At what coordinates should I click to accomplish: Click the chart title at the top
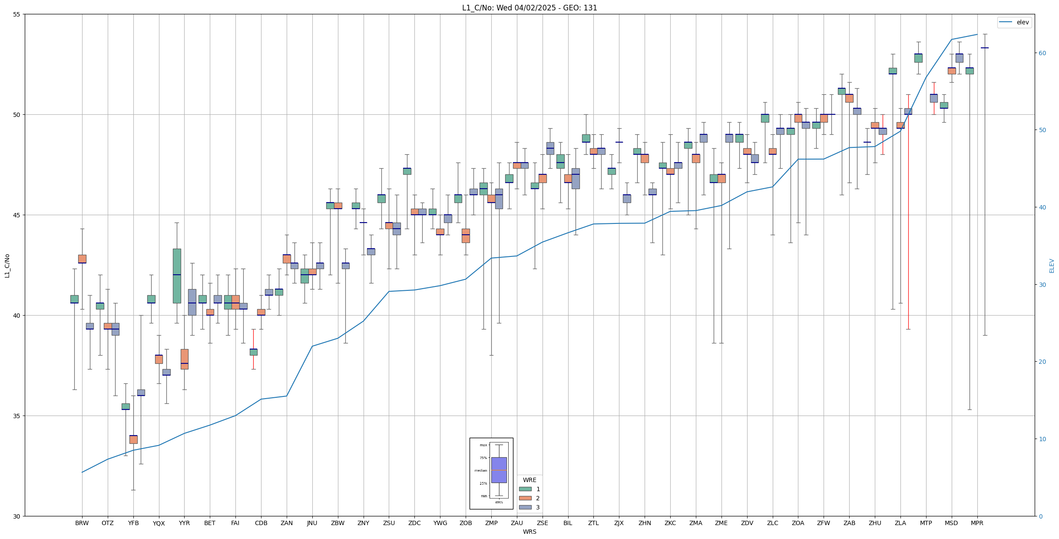tap(529, 8)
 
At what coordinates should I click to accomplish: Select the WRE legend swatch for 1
tap(525, 489)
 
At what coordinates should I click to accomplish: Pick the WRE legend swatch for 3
tap(525, 507)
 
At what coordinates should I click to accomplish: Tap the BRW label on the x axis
tap(82, 523)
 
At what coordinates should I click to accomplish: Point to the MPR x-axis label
tap(977, 523)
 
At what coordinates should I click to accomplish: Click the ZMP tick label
tap(491, 523)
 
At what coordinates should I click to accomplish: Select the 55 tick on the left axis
tap(17, 14)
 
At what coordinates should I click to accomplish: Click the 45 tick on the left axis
tap(17, 215)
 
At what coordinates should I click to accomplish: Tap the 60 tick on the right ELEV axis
tap(1041, 53)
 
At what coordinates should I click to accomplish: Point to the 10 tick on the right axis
tap(1041, 439)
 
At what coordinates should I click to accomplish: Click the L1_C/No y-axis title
tap(7, 266)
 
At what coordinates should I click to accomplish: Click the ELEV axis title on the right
tap(1052, 266)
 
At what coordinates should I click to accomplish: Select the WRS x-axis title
tap(529, 532)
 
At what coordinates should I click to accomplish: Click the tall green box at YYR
tap(177, 276)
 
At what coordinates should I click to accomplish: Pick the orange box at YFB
tap(133, 439)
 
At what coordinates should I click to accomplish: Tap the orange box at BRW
tap(82, 259)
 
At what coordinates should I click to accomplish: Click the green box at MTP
tap(918, 58)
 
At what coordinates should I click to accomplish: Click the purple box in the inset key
tap(499, 470)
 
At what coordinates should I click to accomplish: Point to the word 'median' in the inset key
tap(480, 470)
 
